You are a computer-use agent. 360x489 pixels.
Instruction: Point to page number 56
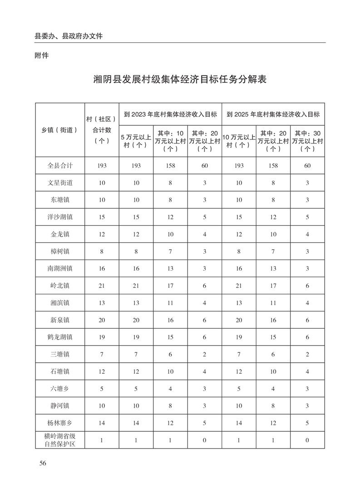(43, 463)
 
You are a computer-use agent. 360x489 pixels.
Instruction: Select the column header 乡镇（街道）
(60, 129)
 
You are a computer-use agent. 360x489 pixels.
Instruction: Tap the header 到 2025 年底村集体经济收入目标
(273, 114)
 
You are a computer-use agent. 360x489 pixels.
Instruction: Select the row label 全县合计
(60, 166)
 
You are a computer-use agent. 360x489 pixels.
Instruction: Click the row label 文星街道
(60, 183)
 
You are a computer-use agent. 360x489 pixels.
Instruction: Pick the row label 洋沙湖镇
(60, 217)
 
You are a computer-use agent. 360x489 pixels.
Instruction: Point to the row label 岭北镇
(60, 285)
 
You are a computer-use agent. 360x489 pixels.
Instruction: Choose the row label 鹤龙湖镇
(60, 337)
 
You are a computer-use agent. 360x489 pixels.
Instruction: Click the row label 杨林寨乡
(60, 422)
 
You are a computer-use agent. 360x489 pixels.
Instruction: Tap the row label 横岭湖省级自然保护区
(60, 440)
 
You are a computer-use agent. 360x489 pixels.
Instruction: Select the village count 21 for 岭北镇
(101, 285)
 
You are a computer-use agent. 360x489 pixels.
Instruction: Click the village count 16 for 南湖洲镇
(101, 268)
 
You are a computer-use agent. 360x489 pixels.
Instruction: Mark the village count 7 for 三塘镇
(101, 354)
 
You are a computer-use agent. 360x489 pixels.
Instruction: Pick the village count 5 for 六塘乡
(101, 388)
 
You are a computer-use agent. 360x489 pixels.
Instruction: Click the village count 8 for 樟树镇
(101, 251)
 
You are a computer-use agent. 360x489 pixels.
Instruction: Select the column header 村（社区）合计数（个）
(101, 129)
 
